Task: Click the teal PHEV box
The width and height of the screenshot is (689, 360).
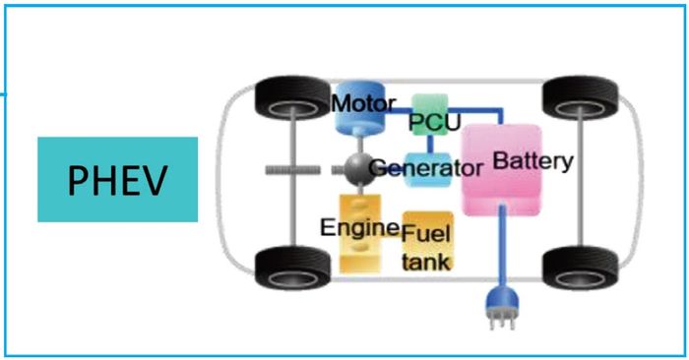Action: [x=117, y=179]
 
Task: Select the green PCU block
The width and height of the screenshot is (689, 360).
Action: [x=430, y=110]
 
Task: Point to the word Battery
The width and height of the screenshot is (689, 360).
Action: [x=532, y=159]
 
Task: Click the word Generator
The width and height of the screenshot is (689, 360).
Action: [x=427, y=168]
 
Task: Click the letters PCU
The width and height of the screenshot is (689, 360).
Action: [x=430, y=124]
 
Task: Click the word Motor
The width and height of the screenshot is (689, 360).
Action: [x=364, y=102]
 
